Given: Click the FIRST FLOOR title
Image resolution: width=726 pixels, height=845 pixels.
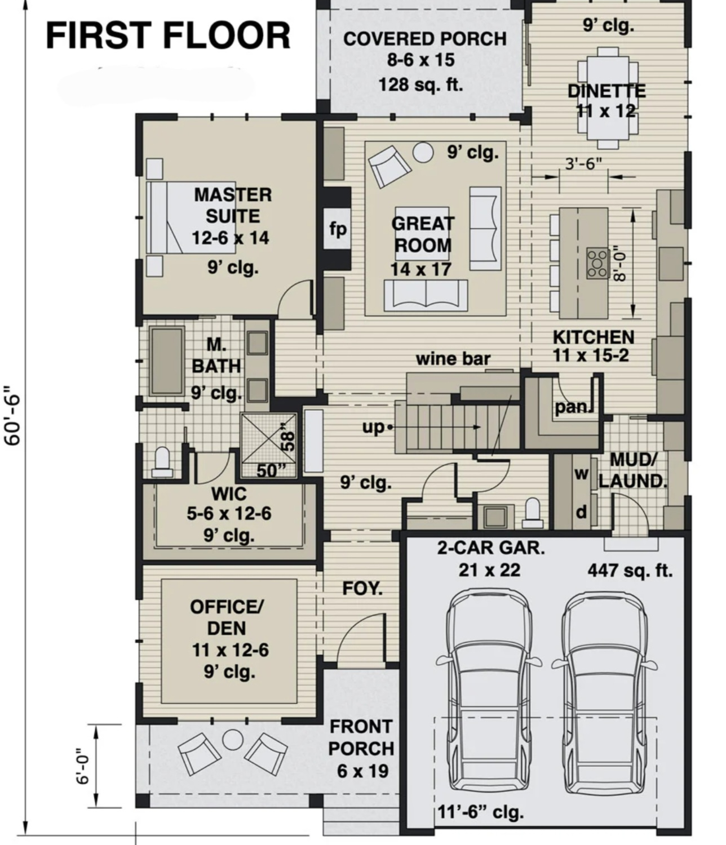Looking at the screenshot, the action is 168,36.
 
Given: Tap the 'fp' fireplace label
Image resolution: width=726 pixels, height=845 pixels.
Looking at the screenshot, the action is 338,229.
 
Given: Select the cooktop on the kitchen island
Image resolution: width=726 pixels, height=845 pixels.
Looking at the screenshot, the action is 597,263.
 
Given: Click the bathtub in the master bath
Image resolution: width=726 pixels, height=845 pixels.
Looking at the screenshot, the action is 166,361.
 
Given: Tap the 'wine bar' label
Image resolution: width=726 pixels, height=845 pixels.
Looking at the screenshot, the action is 453,358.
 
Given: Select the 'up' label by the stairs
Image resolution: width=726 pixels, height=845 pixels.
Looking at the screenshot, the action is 373,428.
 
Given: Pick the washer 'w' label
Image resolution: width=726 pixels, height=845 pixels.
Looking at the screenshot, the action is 581,473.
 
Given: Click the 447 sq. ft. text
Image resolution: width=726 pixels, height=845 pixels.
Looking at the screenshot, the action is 630,570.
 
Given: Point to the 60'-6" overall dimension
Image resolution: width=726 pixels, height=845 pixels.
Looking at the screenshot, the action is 12,415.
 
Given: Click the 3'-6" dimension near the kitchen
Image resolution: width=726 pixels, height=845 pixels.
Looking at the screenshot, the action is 583,164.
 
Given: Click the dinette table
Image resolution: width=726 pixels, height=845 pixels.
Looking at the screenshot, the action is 608,97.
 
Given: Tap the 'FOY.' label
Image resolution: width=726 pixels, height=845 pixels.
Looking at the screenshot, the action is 362,588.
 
